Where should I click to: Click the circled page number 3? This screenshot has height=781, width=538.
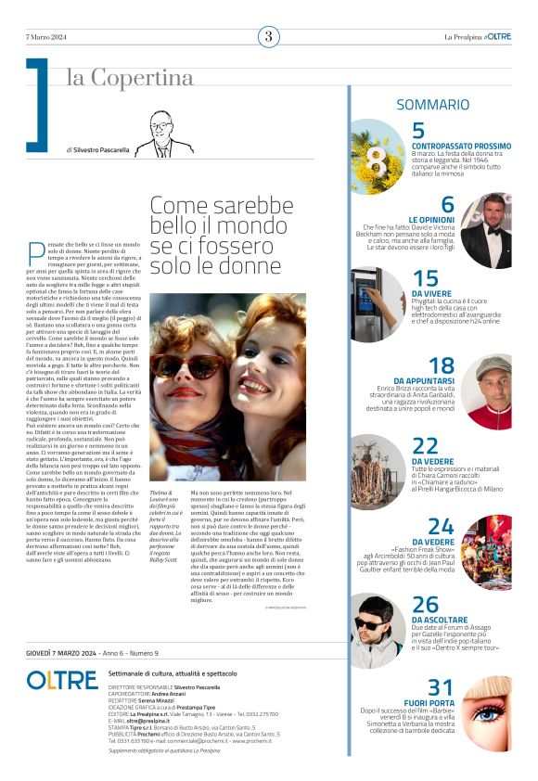pos(268,36)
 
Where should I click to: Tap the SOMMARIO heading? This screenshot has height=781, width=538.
pos(432,105)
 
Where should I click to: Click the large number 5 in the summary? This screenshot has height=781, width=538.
pos(418,131)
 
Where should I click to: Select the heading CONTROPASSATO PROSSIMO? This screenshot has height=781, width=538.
pos(461,147)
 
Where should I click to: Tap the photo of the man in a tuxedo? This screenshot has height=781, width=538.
pos(485,230)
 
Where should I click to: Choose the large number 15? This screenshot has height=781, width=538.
pos(425,278)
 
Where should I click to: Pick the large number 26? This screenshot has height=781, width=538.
pos(425,606)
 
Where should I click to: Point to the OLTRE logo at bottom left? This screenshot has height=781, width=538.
pos(61,681)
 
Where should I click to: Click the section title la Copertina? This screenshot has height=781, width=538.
pos(129,77)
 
